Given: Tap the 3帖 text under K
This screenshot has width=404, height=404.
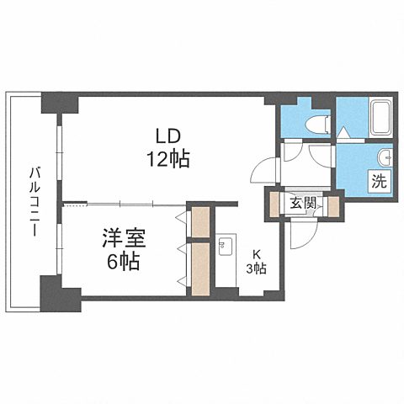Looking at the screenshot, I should [256, 268].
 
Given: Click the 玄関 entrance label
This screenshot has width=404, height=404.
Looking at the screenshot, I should [303, 202].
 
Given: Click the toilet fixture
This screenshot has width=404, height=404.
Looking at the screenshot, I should [315, 125].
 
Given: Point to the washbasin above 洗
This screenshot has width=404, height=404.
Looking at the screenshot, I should [383, 157].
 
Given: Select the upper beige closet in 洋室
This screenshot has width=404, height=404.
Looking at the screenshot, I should [200, 222].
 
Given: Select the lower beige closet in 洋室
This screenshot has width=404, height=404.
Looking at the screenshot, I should [200, 268].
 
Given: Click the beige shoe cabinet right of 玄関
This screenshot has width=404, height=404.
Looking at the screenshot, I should [332, 205].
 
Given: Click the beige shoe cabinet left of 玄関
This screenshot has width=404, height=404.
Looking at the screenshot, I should [274, 205].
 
